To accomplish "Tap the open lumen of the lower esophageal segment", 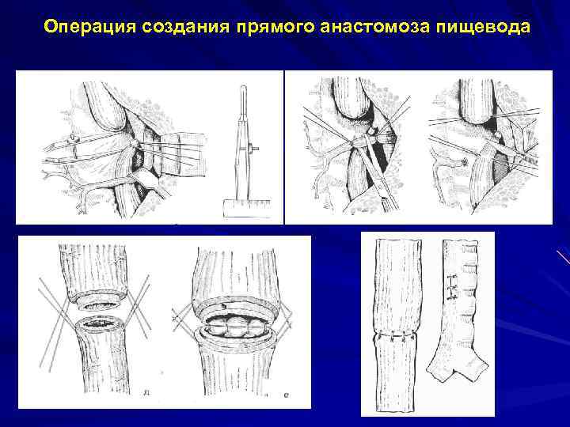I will [x=98, y=325].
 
